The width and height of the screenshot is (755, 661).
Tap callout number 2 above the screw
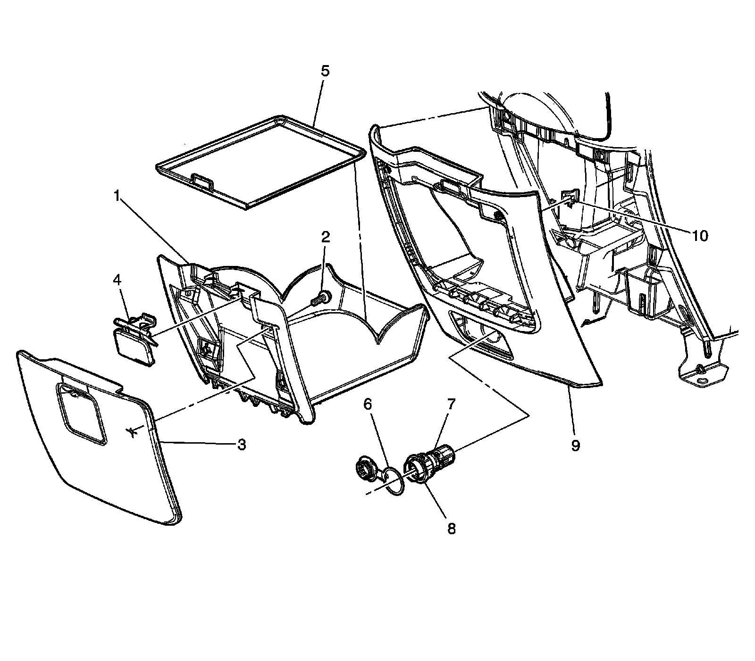pyautogui.click(x=326, y=237)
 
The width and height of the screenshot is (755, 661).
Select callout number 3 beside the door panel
pyautogui.click(x=241, y=444)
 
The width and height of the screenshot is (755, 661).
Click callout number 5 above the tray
pyautogui.click(x=325, y=71)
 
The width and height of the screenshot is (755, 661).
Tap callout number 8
pyautogui.click(x=451, y=529)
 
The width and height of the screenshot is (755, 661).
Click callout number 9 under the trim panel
pyautogui.click(x=575, y=445)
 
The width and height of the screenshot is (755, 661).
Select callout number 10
pyautogui.click(x=700, y=236)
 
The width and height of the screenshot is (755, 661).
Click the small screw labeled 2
pyautogui.click(x=322, y=298)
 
